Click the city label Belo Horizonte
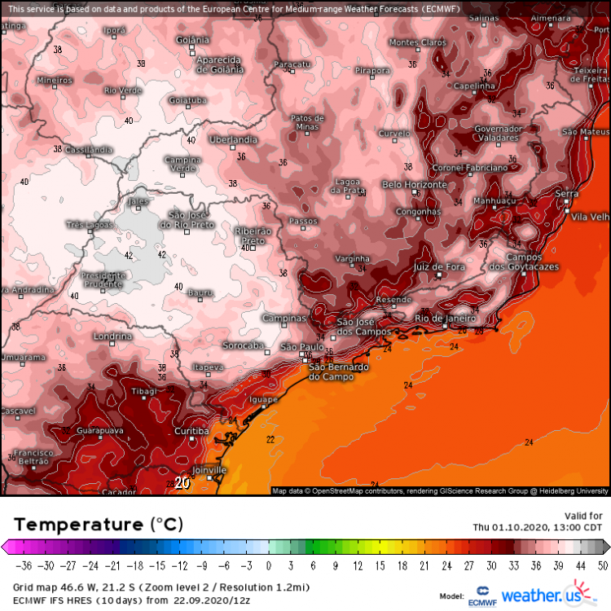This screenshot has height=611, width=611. [x=415, y=185]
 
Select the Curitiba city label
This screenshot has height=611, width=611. [x=192, y=430]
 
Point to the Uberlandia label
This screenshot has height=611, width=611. [x=234, y=140]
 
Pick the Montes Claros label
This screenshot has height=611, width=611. [x=418, y=42]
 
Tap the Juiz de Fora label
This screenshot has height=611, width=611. [x=440, y=266]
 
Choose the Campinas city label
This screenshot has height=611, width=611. [x=284, y=318]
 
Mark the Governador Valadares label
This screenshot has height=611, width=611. [x=498, y=134]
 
